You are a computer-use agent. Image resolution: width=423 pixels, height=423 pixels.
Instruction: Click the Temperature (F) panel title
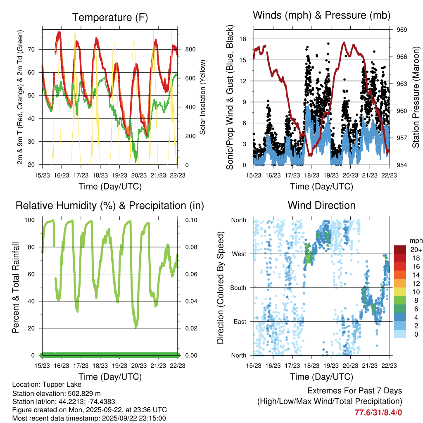[110, 17]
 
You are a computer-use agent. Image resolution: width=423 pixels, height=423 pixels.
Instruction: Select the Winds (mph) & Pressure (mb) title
[321, 16]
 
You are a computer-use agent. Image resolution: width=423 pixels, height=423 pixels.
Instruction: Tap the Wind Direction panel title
[321, 205]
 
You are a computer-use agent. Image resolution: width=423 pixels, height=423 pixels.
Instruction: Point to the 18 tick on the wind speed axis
[243, 39]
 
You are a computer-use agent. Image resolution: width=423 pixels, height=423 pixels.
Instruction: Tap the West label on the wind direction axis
[240, 254]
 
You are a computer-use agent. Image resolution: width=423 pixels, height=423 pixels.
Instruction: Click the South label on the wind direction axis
[239, 288]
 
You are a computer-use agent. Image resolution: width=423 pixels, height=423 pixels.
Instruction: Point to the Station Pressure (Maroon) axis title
[416, 97]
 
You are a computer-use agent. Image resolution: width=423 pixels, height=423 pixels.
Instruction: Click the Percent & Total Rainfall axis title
[15, 288]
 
